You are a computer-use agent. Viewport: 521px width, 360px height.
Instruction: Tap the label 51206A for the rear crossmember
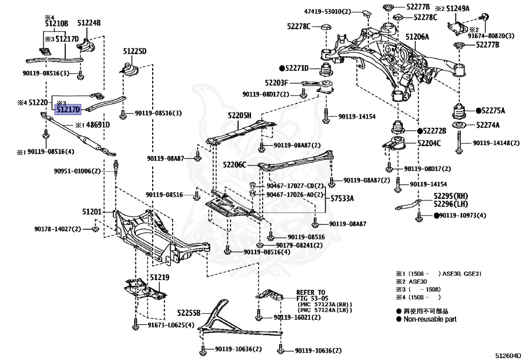pos(417,37)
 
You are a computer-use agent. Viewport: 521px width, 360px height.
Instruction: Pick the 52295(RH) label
pos(451,196)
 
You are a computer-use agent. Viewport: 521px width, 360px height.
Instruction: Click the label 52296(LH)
pos(451,204)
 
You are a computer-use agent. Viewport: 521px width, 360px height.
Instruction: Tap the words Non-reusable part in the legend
pos(430,319)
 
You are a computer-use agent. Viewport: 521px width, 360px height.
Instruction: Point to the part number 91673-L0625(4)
pos(171,325)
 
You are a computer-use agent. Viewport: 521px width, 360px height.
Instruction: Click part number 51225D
pos(134,51)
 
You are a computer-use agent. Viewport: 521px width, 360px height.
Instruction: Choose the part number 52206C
pos(234,164)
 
